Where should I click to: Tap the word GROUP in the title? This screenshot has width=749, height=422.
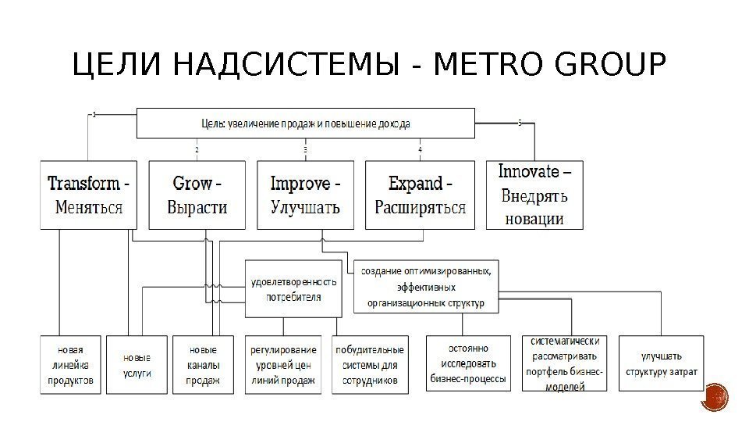pyautogui.click(x=609, y=66)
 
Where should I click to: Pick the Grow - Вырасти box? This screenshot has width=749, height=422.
pyautogui.click(x=197, y=195)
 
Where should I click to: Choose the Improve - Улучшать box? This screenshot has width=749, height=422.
pyautogui.click(x=305, y=195)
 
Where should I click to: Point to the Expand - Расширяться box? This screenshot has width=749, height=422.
pyautogui.click(x=420, y=195)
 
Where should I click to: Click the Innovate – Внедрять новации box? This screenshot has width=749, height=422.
pyautogui.click(x=534, y=194)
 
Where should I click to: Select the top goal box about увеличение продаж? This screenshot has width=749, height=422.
pyautogui.click(x=305, y=123)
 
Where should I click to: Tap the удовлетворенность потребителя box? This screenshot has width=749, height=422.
pyautogui.click(x=293, y=289)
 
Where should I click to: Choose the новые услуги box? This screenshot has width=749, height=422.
pyautogui.click(x=137, y=363)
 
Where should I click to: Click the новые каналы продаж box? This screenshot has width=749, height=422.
pyautogui.click(x=203, y=363)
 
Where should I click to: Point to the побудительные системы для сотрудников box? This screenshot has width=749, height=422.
pyautogui.click(x=370, y=363)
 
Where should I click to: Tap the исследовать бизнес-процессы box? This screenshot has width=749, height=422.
pyautogui.click(x=468, y=363)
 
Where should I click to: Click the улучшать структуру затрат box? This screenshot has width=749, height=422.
pyautogui.click(x=660, y=363)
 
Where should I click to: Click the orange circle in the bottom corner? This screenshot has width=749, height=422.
pyautogui.click(x=715, y=398)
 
